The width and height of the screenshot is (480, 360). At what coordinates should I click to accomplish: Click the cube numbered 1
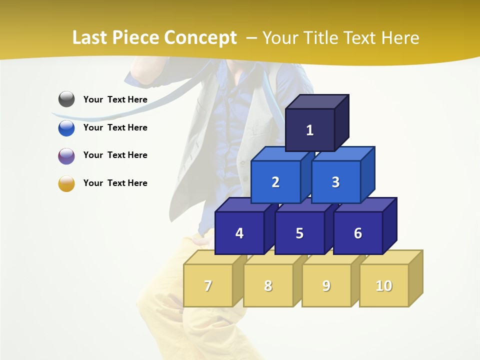pyautogui.click(x=310, y=130)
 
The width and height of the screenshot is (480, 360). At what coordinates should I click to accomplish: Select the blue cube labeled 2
pyautogui.click(x=275, y=182)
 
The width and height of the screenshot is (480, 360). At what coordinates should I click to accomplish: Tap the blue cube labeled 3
pyautogui.click(x=335, y=182)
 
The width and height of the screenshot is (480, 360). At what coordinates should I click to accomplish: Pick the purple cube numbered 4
pyautogui.click(x=239, y=233)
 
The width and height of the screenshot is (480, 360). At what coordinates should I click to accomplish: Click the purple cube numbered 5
pyautogui.click(x=299, y=233)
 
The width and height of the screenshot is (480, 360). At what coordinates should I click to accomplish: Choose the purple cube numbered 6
pyautogui.click(x=358, y=233)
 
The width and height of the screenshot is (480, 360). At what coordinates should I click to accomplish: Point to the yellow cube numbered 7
pyautogui.click(x=208, y=285)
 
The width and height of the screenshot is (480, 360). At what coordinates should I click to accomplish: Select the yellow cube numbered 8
pyautogui.click(x=268, y=285)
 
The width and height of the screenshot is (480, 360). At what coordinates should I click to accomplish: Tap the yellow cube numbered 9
pyautogui.click(x=326, y=285)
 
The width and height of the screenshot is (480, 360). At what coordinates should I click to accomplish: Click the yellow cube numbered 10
pyautogui.click(x=384, y=285)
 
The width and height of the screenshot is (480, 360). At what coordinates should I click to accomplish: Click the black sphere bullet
pyautogui.click(x=66, y=99)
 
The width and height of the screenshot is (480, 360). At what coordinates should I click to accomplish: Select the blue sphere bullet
pyautogui.click(x=66, y=127)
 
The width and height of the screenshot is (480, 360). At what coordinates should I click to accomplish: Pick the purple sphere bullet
pyautogui.click(x=66, y=155)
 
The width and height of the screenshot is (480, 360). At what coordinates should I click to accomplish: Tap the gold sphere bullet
pyautogui.click(x=66, y=183)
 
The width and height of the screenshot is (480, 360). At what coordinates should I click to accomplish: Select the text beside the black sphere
pyautogui.click(x=115, y=99)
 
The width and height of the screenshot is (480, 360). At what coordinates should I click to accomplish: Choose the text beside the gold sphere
pyautogui.click(x=115, y=183)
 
